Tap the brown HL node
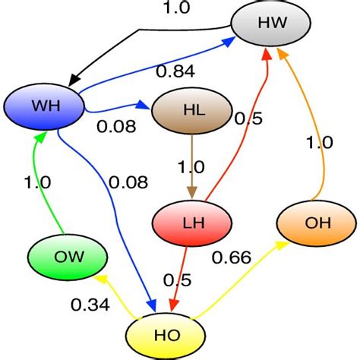click(190, 110)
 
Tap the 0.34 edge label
click(90, 305)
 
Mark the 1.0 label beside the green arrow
click(36, 183)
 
